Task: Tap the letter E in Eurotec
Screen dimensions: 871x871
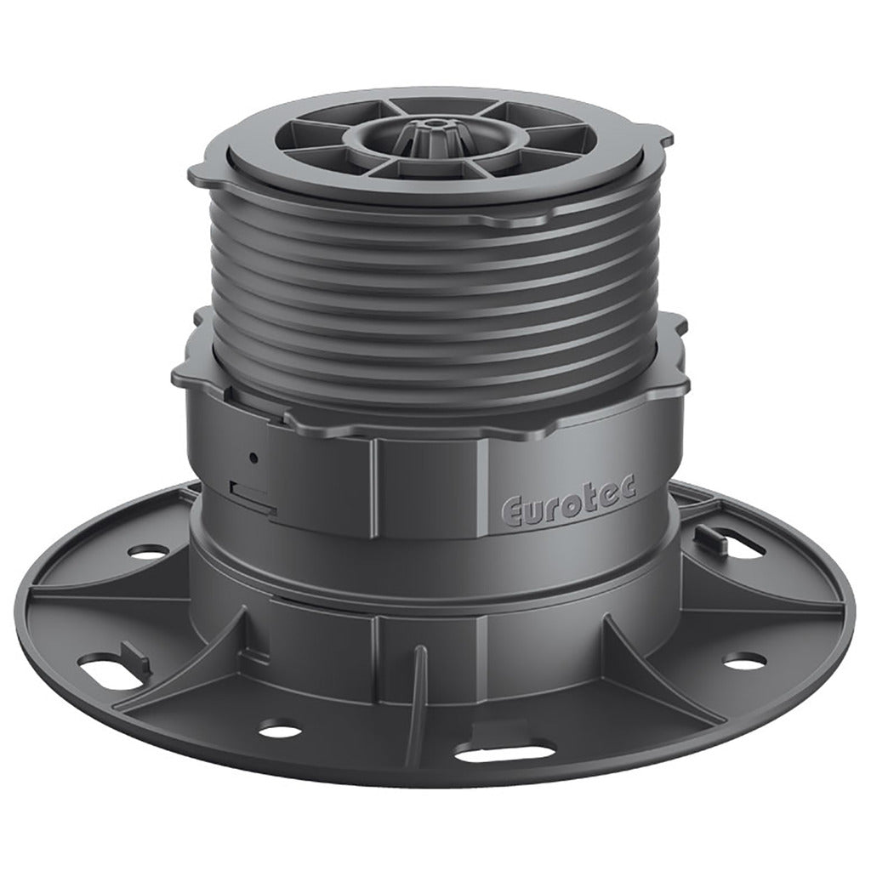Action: (514, 511)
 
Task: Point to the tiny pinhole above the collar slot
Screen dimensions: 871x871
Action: (253, 458)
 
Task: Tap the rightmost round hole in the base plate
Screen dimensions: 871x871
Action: (746, 660)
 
